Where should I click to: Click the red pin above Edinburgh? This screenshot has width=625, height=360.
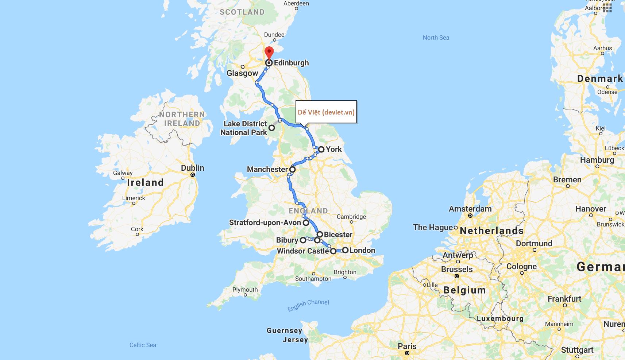point(269,52)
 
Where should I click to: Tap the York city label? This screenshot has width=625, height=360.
point(333,149)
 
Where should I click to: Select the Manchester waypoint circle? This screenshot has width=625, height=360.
point(293,169)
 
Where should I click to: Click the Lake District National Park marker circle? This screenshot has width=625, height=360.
point(272,128)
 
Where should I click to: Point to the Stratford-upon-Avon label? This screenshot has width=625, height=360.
point(265,222)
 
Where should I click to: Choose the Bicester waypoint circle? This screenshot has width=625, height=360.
point(320,235)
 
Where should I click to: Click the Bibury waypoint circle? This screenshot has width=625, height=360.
point(303,240)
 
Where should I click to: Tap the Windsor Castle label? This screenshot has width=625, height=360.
point(303,251)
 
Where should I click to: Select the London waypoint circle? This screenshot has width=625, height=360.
point(345,250)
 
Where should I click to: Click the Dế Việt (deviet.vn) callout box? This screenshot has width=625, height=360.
point(326,112)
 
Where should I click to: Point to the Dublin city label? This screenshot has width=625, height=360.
point(193,168)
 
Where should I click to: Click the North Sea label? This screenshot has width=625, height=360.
point(436,38)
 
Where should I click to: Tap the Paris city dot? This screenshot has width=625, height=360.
point(407,353)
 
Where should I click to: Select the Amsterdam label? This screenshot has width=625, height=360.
point(470,209)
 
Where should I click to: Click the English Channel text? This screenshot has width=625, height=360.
point(308,305)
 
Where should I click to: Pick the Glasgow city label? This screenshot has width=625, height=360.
point(242,73)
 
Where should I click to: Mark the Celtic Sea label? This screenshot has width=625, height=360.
point(143,345)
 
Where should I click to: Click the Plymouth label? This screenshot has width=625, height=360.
point(245,290)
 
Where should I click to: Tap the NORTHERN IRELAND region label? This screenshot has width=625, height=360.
point(182,119)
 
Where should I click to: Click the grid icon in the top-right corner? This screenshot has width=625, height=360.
point(607,8)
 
